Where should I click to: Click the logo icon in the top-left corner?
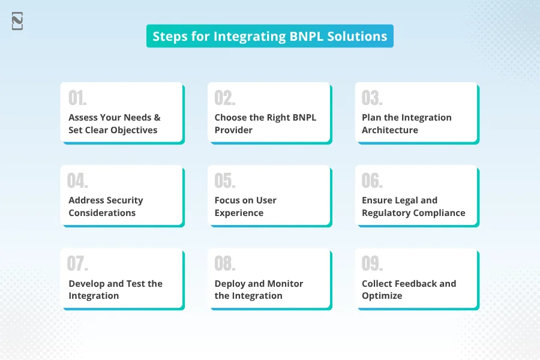coord(17,21)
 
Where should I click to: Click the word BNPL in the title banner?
coord(307,36)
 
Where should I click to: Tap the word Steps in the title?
coord(170,37)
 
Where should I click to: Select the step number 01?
coord(77,98)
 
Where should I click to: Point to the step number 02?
coord(225,98)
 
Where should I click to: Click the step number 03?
coord(372,98)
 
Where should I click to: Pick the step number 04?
coord(77,181)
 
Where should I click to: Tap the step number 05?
coord(225,181)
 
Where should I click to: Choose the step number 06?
coord(372,181)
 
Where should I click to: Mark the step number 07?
coord(77,263)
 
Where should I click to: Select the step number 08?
coord(225,263)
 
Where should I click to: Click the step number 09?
coord(372,263)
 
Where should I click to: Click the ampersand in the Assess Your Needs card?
coord(157,118)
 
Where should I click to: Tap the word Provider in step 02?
coord(233,130)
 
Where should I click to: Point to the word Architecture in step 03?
coord(390,130)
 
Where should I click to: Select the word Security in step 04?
coord(125,201)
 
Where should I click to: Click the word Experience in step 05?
coord(239,213)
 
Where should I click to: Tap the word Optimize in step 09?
coord(382,296)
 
